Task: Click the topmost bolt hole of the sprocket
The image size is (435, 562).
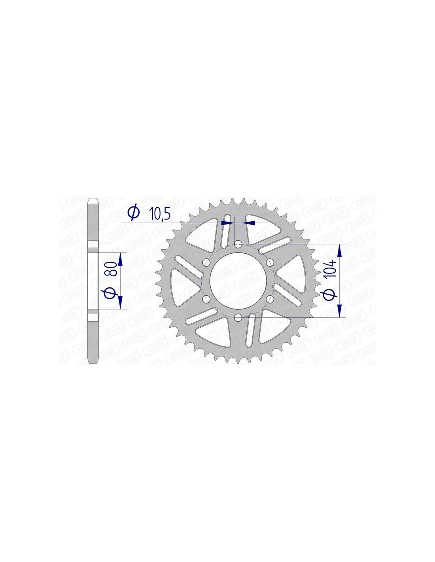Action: [238, 244]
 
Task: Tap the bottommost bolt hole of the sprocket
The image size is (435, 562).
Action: [238, 317]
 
